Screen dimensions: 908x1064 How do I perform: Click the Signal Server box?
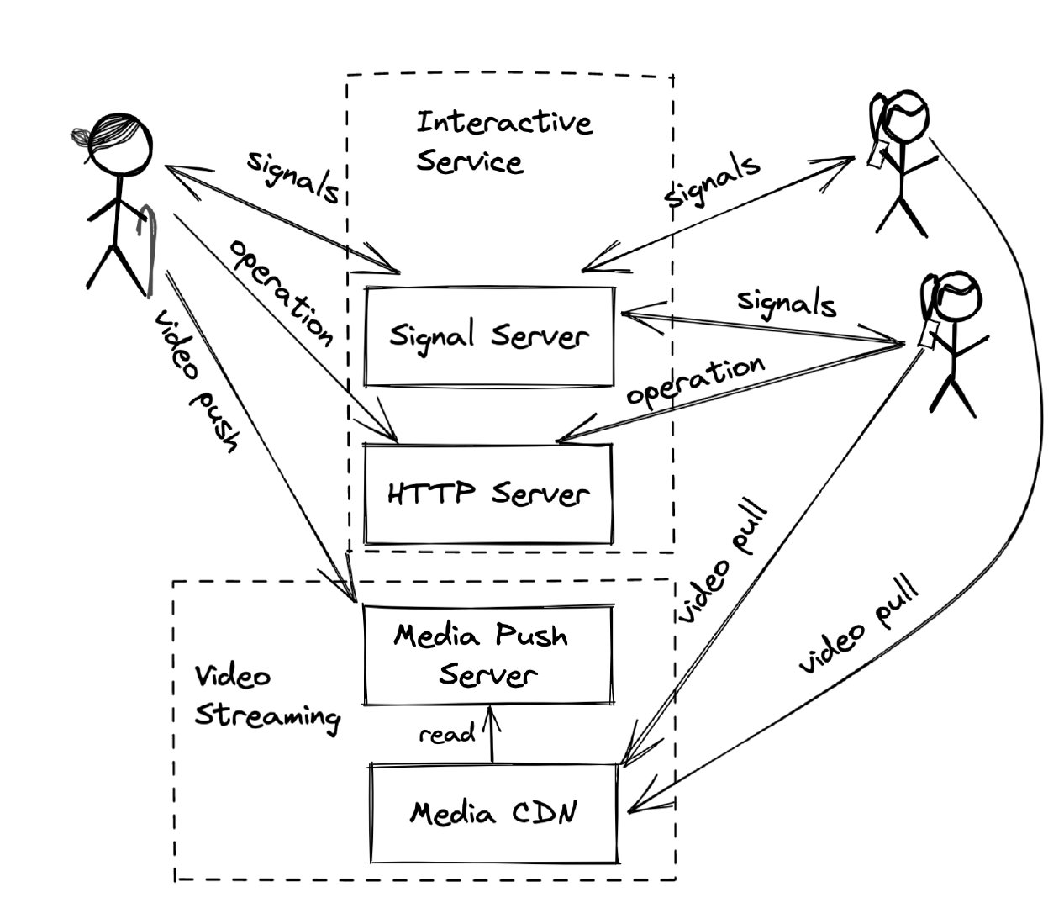point(488,336)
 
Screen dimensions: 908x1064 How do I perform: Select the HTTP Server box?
point(487,493)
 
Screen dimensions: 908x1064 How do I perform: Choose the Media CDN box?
point(494,813)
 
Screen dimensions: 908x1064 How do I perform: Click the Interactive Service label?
point(503,141)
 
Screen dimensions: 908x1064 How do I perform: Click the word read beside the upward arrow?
point(447,734)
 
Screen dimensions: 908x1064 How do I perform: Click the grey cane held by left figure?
point(150,248)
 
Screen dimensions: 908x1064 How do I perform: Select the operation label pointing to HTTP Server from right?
point(697,382)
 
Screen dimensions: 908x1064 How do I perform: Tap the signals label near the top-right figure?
point(712,181)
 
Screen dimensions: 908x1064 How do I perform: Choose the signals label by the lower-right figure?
point(787,304)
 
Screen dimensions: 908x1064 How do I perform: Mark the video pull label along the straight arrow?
point(724,562)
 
